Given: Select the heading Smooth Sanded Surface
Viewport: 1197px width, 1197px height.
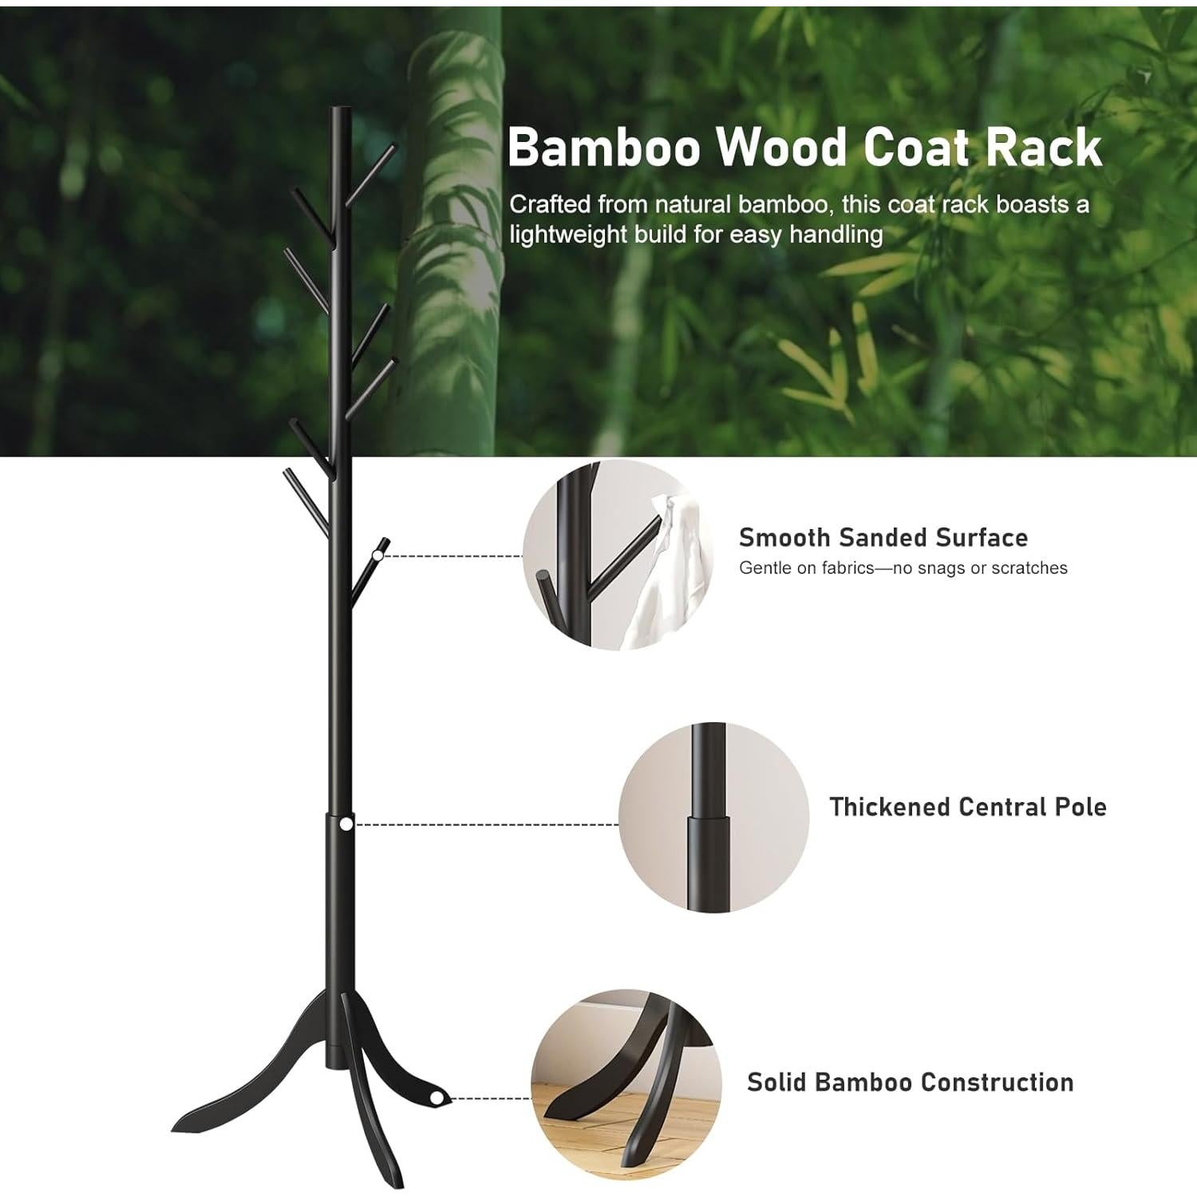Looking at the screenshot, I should point(883,538).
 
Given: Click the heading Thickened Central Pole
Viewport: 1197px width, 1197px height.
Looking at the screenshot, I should point(967,807).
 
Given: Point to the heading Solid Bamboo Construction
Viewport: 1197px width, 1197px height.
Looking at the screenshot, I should point(910,1082).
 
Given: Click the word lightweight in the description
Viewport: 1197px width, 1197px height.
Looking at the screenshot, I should point(567,235).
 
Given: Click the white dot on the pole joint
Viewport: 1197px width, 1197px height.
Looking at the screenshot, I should point(346,824).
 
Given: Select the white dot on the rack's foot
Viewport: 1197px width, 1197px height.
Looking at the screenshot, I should point(436,1099).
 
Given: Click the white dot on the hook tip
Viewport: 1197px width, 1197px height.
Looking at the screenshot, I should point(378,555).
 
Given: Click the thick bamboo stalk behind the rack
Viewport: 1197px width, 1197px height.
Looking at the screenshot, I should point(447,239).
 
